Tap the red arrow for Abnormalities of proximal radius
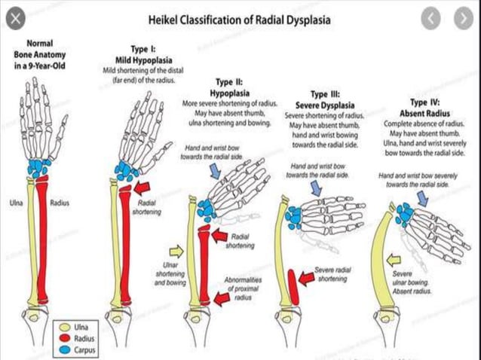point(222,299)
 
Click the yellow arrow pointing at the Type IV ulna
point(392,260)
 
